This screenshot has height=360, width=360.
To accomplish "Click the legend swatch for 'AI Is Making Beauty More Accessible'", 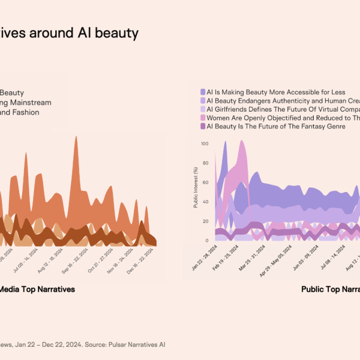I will [202, 92].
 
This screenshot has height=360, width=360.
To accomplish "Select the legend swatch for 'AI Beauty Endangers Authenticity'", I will [202, 101].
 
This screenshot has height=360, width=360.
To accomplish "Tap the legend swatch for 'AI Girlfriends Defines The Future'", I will [202, 109].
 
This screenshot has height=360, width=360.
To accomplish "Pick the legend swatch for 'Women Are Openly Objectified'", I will [202, 118].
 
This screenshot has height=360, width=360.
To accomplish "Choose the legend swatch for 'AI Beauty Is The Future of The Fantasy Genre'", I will [202, 127].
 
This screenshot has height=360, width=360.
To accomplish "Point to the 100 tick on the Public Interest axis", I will [205, 144].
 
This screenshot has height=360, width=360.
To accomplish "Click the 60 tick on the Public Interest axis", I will [205, 182].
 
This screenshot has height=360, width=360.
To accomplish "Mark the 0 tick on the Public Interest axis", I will [206, 240].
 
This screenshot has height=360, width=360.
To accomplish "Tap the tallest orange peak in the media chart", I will [76, 137].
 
